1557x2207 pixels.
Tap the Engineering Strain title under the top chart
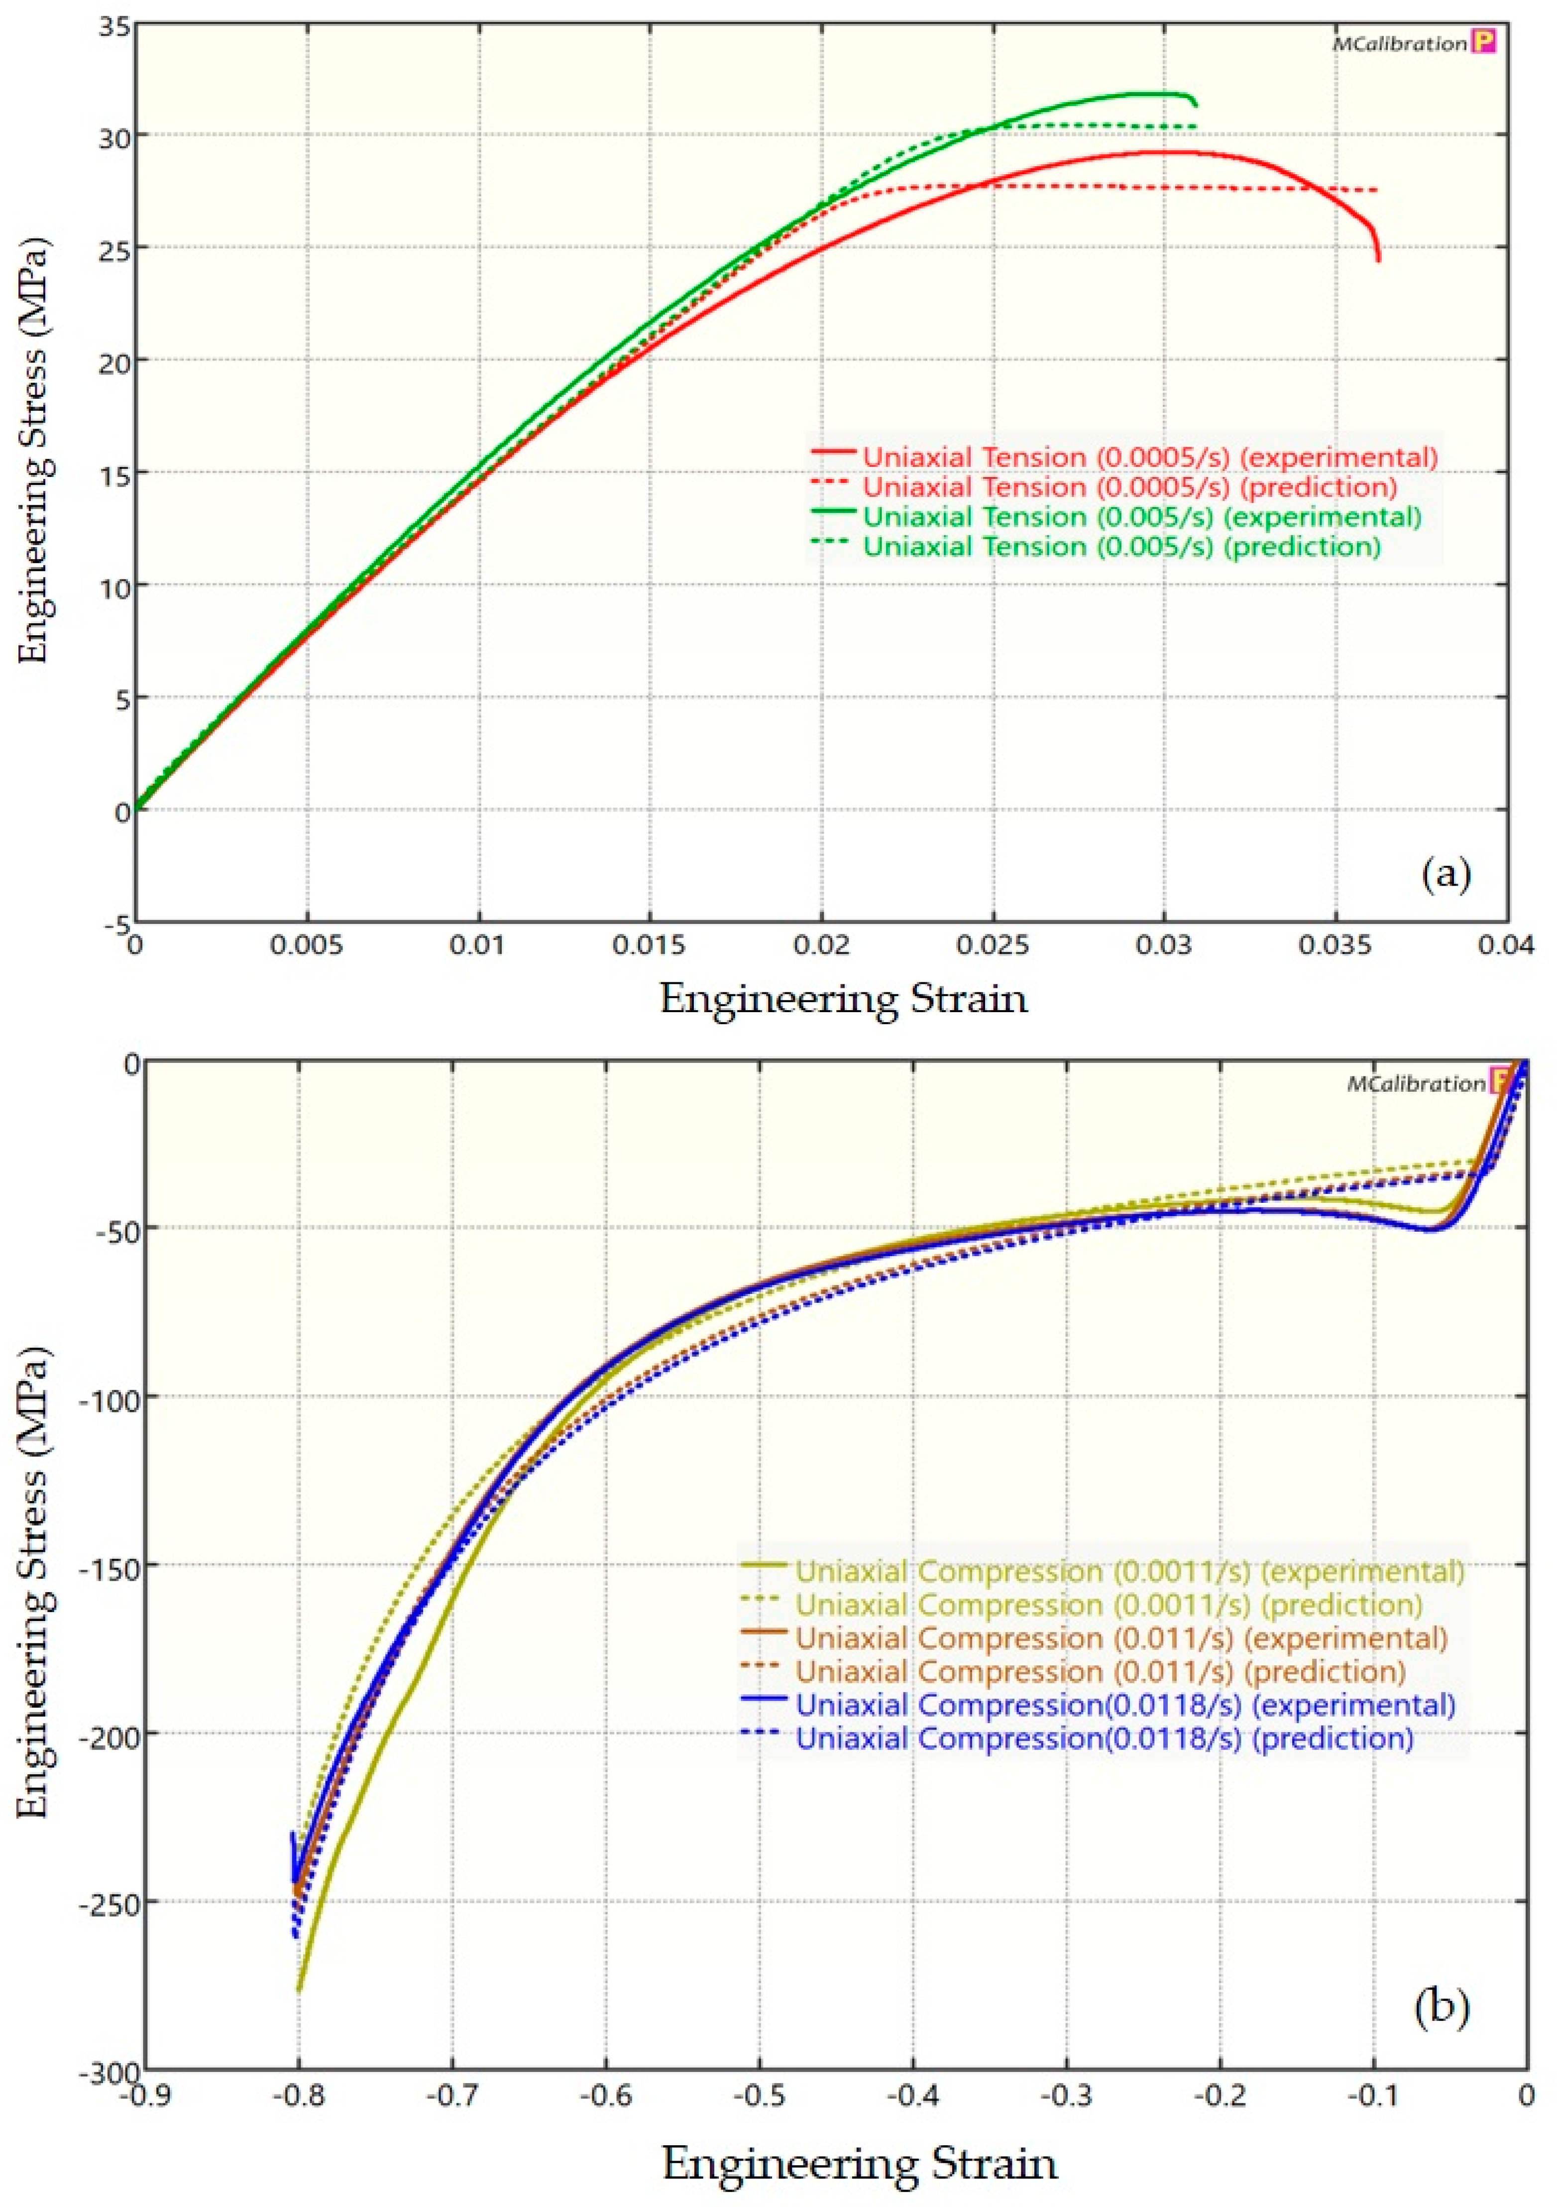point(843,1000)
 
